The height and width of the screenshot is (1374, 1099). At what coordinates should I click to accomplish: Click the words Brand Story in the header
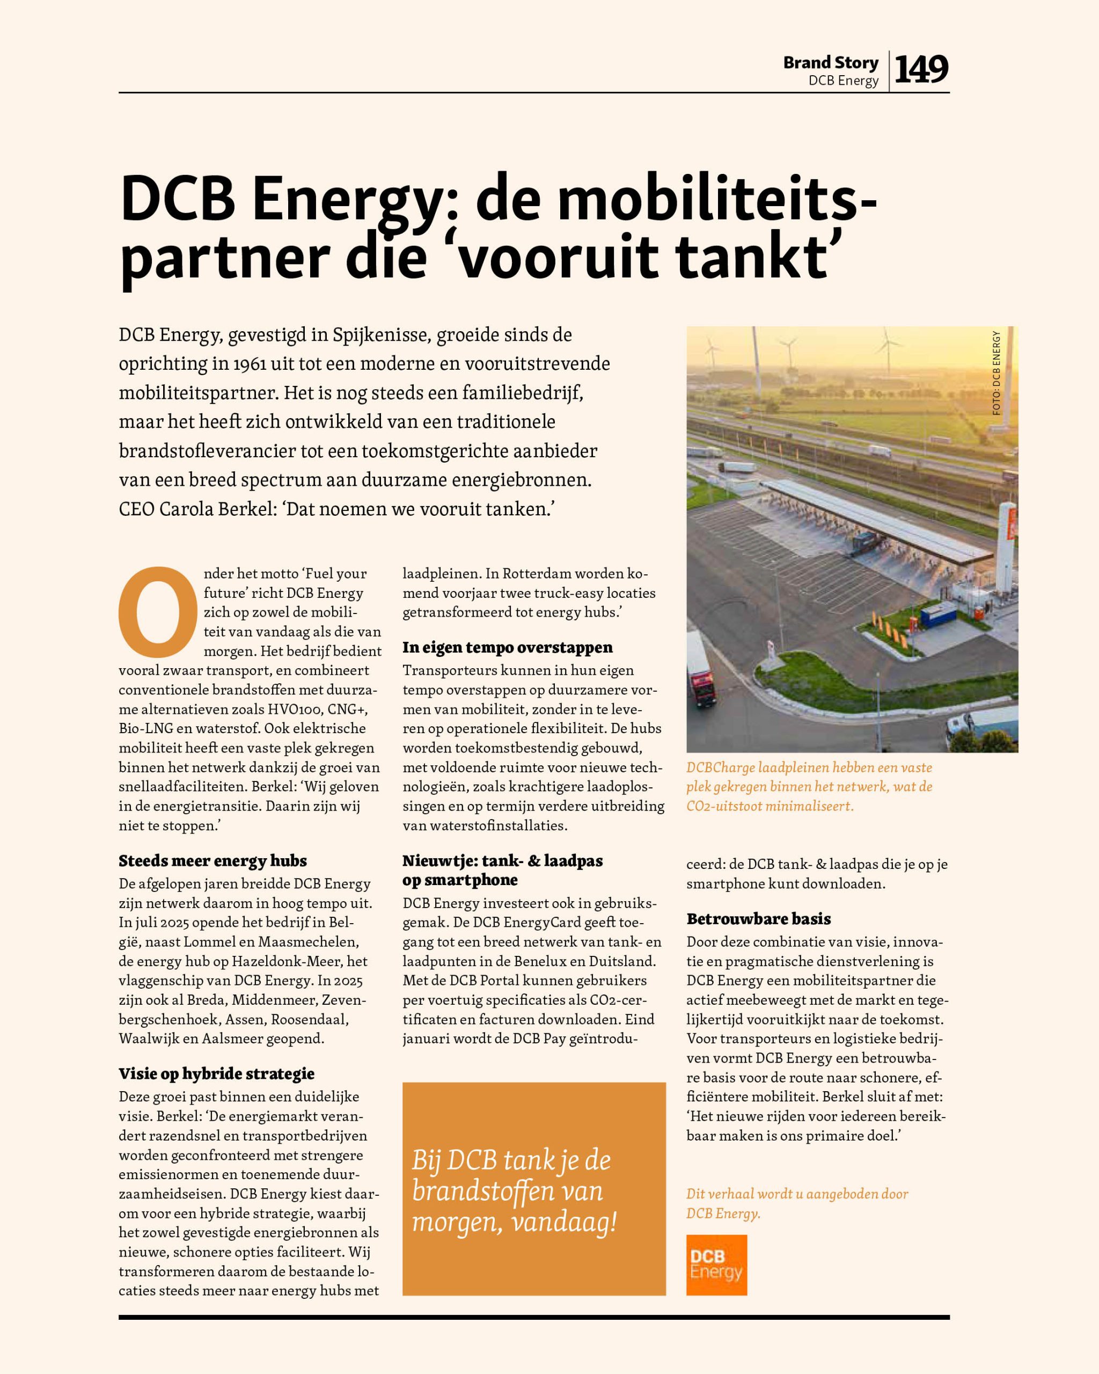click(831, 62)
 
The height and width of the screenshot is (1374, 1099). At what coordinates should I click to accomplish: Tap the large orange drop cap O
click(157, 612)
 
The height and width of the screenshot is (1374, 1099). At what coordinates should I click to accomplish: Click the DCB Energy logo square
click(716, 1265)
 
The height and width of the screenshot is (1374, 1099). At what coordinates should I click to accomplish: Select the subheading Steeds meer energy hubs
click(212, 861)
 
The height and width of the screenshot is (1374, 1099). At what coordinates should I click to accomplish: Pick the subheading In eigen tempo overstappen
click(507, 647)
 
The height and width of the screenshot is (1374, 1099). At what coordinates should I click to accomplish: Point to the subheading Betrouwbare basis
click(758, 919)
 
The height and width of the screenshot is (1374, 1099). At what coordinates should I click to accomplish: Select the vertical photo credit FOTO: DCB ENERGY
click(996, 373)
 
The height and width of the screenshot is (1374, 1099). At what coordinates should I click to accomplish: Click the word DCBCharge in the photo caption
click(720, 768)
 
